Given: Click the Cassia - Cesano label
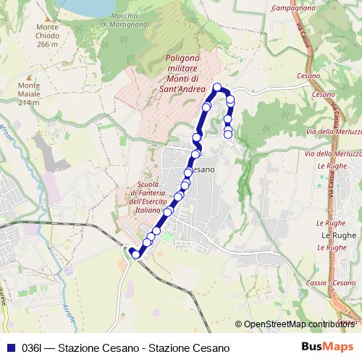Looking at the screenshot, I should click(331, 282).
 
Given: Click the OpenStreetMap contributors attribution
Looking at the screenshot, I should click(297, 325).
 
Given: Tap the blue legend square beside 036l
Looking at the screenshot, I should click(9, 348).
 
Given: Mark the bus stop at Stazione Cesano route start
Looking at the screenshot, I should click(135, 254).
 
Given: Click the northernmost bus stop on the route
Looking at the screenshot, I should click(216, 88).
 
